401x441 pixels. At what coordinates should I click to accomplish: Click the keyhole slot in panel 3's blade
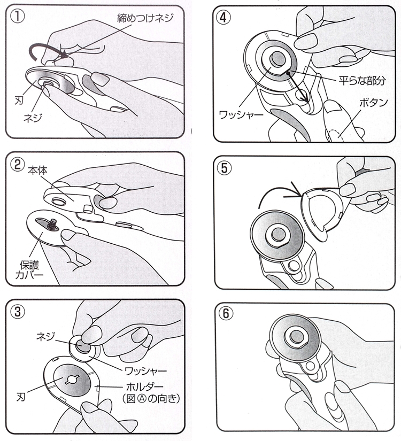pos(72,380)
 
